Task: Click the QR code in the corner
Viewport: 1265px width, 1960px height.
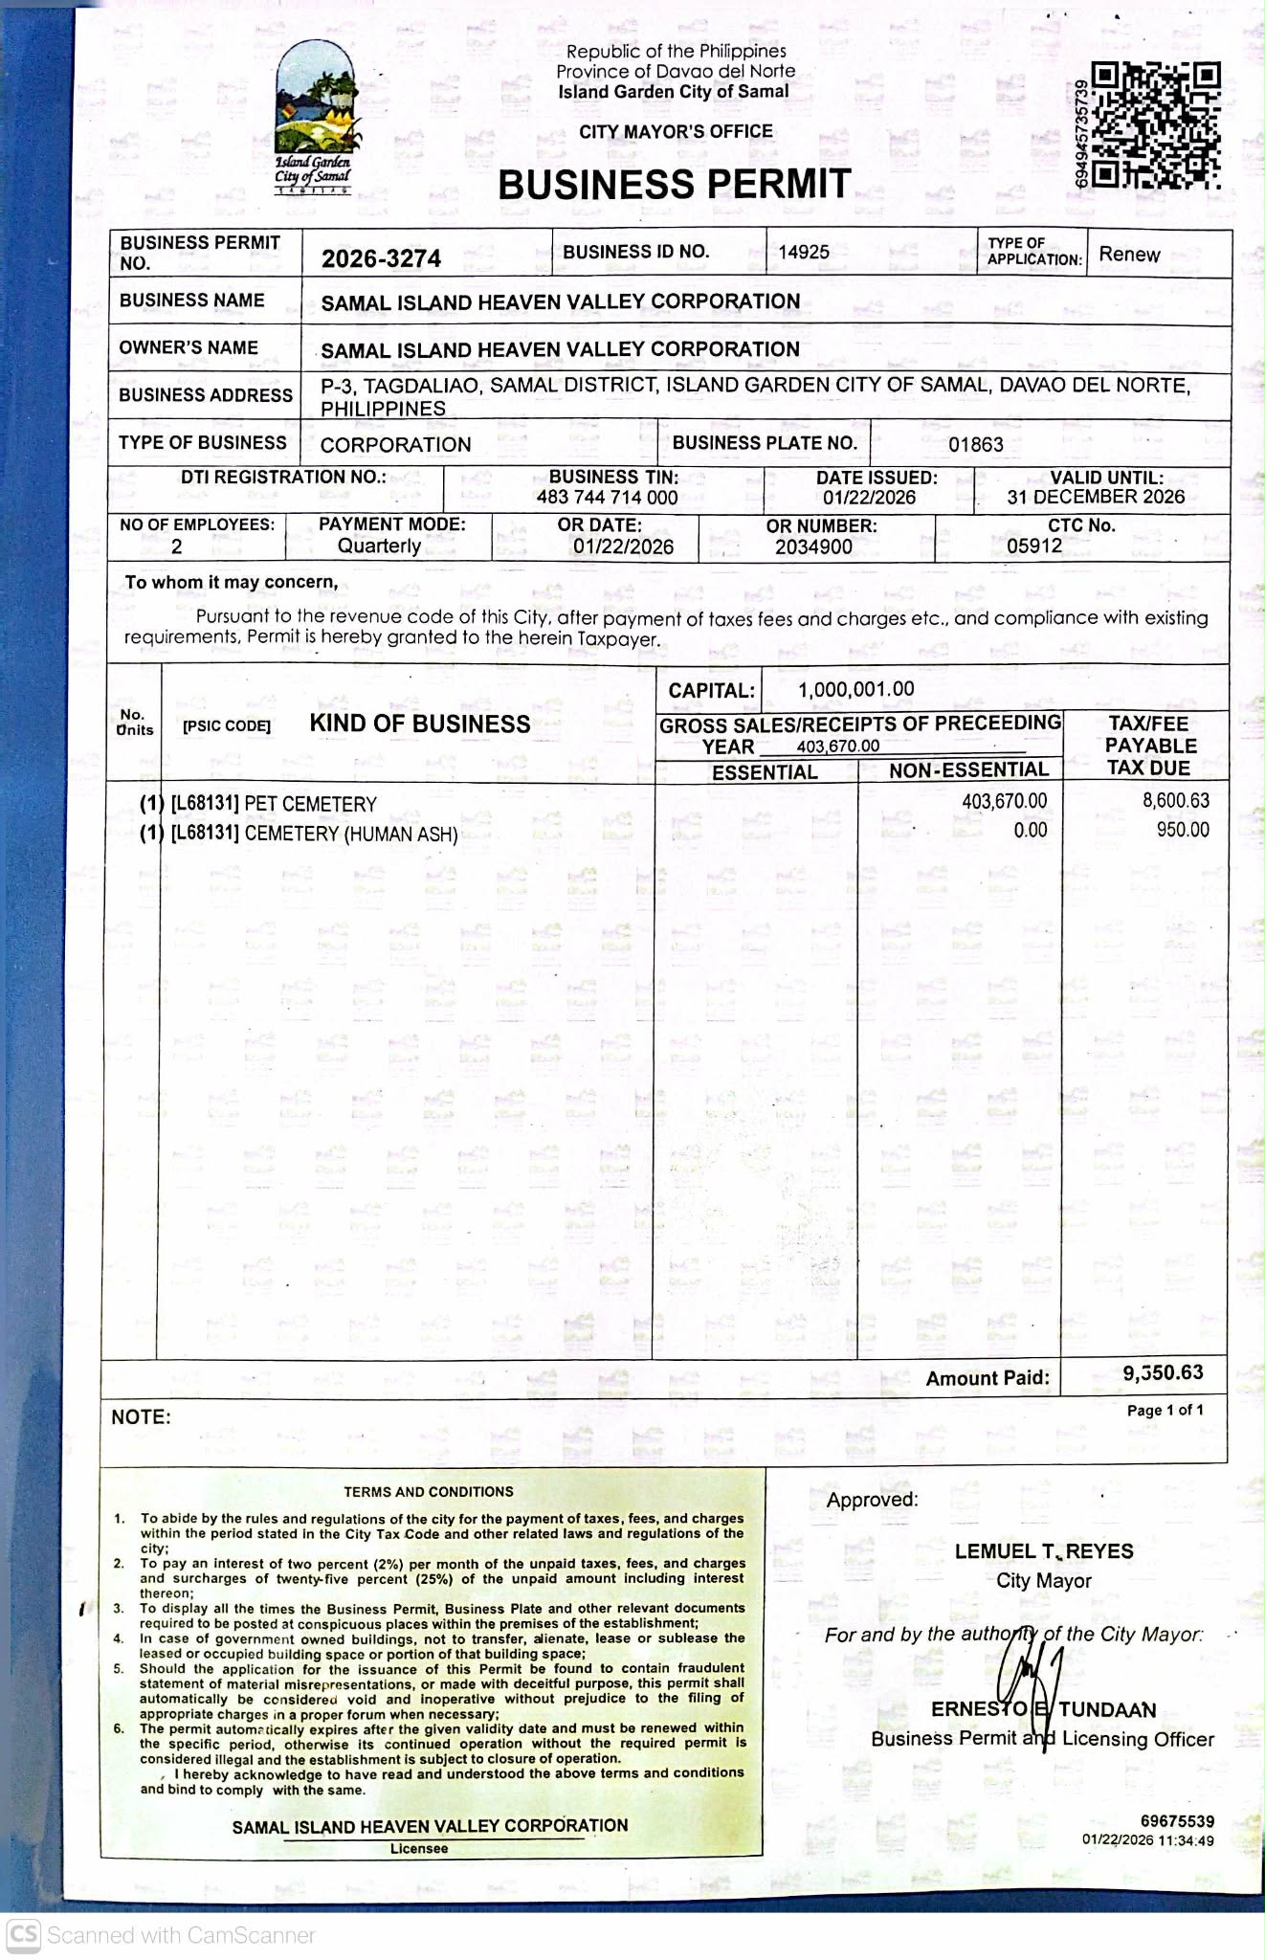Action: coord(1156,125)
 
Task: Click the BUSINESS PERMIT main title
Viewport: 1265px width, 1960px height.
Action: coord(675,184)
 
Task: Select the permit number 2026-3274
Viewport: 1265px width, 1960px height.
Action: coord(381,258)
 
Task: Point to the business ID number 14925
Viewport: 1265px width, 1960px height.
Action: coord(804,252)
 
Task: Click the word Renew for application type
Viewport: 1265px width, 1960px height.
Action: coord(1129,255)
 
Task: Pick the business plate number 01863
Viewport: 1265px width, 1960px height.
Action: coord(976,444)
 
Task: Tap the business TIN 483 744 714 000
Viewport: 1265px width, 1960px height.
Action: coord(607,498)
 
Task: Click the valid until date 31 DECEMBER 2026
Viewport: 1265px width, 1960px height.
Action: coord(1096,497)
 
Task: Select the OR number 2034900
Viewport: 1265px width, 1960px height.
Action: coord(813,546)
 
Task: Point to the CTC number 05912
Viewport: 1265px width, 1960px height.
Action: coord(1034,546)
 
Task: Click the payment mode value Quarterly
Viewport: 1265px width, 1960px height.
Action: coord(379,546)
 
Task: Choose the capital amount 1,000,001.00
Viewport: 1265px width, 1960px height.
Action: coord(855,689)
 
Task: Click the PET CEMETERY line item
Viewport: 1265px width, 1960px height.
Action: coord(310,804)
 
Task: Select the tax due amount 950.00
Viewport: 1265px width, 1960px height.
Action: coord(1183,830)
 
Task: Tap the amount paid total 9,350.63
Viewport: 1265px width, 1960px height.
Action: coord(1163,1372)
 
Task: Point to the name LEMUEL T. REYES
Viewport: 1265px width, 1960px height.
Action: coord(1044,1551)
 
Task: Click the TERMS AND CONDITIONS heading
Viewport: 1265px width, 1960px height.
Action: coord(429,1492)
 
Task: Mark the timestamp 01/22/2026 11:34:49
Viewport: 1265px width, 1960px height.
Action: coord(1148,1840)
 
